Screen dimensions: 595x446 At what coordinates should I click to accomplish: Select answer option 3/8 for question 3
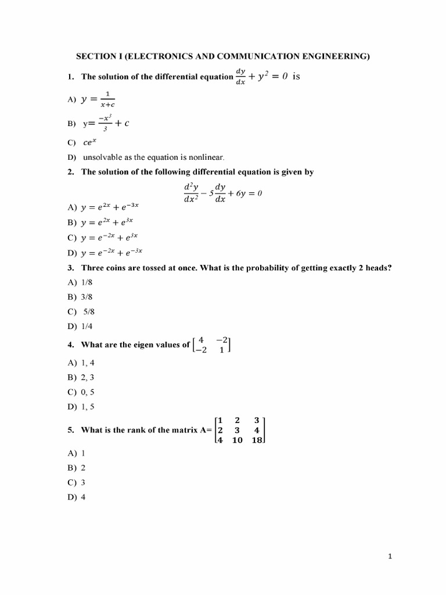(x=88, y=297)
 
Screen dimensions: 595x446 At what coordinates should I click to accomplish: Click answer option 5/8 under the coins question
(x=88, y=311)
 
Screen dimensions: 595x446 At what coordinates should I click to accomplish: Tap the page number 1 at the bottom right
(x=390, y=557)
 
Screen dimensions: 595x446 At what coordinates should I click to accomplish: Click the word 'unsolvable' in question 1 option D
(x=100, y=157)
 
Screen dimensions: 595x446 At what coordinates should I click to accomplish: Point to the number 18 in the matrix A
(x=257, y=440)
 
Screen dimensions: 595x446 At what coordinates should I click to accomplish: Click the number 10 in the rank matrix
(x=237, y=440)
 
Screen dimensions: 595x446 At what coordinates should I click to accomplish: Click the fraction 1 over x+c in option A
(x=107, y=99)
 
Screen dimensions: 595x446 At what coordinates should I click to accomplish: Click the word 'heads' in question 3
(x=374, y=268)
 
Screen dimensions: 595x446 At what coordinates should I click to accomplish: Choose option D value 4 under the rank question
(x=83, y=497)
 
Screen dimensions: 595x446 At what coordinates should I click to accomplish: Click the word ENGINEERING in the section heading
(x=337, y=56)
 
